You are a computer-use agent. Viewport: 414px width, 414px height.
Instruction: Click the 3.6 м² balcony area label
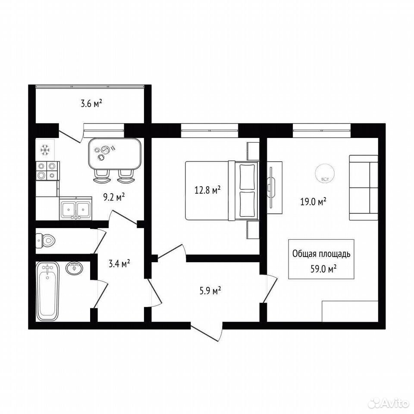point(91,103)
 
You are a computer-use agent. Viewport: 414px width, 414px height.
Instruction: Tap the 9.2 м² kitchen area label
point(114,197)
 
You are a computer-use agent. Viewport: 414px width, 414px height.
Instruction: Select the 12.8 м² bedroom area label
point(207,190)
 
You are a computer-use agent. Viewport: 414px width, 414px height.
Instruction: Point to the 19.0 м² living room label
point(313,202)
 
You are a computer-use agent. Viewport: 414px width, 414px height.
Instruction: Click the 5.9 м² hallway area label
point(210,291)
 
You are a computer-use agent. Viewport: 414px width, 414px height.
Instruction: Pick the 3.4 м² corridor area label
point(119,263)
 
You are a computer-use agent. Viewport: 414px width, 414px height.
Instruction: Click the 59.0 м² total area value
point(323,269)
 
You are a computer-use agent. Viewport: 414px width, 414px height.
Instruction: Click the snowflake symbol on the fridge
point(45,150)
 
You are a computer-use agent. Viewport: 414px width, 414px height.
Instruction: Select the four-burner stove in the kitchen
point(47,171)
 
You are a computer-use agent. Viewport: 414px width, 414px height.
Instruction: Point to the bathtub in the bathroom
point(48,291)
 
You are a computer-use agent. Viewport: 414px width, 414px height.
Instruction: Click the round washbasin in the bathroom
point(74,268)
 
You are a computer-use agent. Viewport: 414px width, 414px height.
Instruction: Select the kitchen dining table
point(115,154)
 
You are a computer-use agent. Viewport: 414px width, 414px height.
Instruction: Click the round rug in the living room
point(325,173)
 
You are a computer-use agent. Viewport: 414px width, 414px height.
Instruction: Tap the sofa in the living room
point(364,188)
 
